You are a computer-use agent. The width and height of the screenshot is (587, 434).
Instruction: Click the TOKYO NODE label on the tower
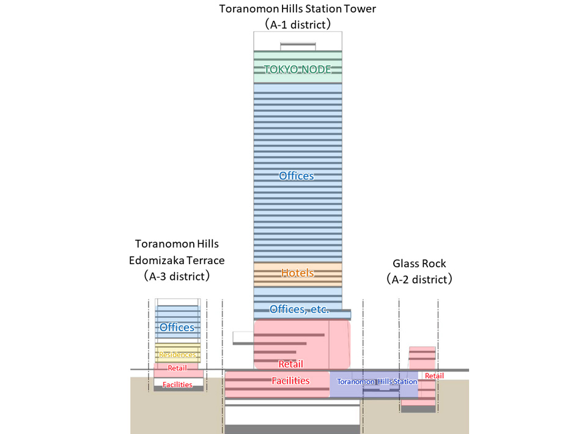[298, 70]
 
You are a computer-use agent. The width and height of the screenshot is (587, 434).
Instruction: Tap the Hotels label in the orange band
[297, 273]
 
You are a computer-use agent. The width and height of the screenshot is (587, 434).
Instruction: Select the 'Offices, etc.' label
[300, 309]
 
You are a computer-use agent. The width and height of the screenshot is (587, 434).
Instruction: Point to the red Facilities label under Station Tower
[290, 381]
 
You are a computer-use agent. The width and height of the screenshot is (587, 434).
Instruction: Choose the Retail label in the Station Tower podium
[290, 364]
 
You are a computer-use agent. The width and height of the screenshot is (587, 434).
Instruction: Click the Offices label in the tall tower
[297, 176]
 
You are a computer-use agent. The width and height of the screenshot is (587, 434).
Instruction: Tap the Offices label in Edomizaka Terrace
[177, 328]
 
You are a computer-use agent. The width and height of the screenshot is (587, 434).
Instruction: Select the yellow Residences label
[177, 355]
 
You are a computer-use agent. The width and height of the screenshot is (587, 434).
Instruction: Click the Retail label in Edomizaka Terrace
[177, 368]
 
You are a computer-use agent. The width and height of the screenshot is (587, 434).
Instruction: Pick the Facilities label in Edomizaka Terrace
[177, 384]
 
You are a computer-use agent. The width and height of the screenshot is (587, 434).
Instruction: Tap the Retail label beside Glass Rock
[434, 375]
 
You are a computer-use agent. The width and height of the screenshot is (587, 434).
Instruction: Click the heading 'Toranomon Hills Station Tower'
[298, 9]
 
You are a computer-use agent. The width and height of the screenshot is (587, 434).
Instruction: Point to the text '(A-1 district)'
[298, 25]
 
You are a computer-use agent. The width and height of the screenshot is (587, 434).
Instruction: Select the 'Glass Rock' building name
[419, 264]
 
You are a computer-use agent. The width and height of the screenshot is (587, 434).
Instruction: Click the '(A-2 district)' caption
[419, 280]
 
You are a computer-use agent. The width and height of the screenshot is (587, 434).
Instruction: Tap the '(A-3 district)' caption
[177, 276]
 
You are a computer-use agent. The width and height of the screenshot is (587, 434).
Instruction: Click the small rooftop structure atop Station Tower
[298, 45]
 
